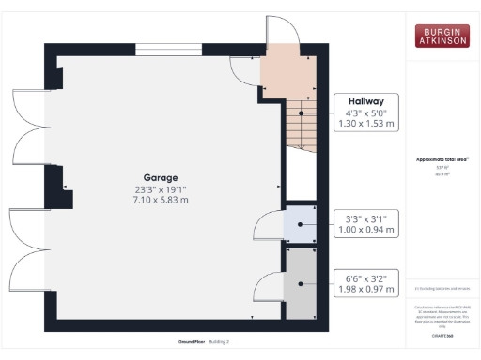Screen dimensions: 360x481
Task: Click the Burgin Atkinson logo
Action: [x=442, y=35]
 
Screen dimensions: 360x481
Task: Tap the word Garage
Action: [x=161, y=177]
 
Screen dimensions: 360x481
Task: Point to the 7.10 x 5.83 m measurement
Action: [x=161, y=200]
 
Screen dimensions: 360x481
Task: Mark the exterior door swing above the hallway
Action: [x=280, y=30]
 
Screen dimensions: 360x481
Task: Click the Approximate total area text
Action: [x=442, y=159]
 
